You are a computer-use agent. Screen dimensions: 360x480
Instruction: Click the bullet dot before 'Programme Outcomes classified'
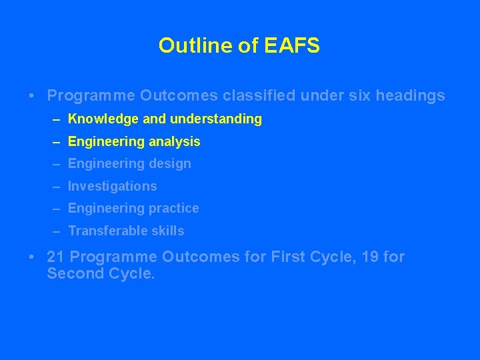32,96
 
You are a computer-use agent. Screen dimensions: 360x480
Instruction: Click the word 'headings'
411,96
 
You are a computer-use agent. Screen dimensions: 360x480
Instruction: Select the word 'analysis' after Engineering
174,141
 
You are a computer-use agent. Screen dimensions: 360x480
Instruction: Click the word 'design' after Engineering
169,164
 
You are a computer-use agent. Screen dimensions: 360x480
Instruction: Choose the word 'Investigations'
113,187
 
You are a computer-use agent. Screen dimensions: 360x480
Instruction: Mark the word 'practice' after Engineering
173,209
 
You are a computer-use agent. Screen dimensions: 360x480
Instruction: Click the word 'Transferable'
105,231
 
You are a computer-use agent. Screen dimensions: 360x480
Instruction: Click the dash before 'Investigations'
57,187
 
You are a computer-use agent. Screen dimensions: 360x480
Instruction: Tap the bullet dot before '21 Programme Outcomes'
32,257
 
